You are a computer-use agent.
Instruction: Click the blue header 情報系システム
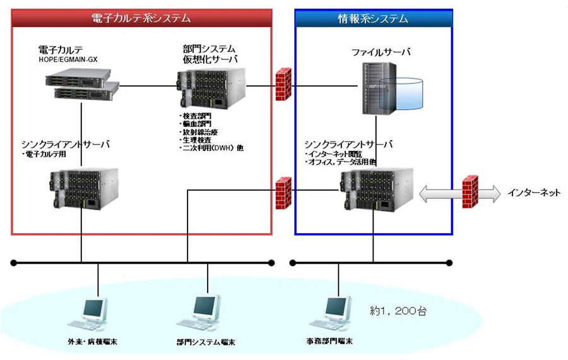pyautogui.click(x=373, y=18)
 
